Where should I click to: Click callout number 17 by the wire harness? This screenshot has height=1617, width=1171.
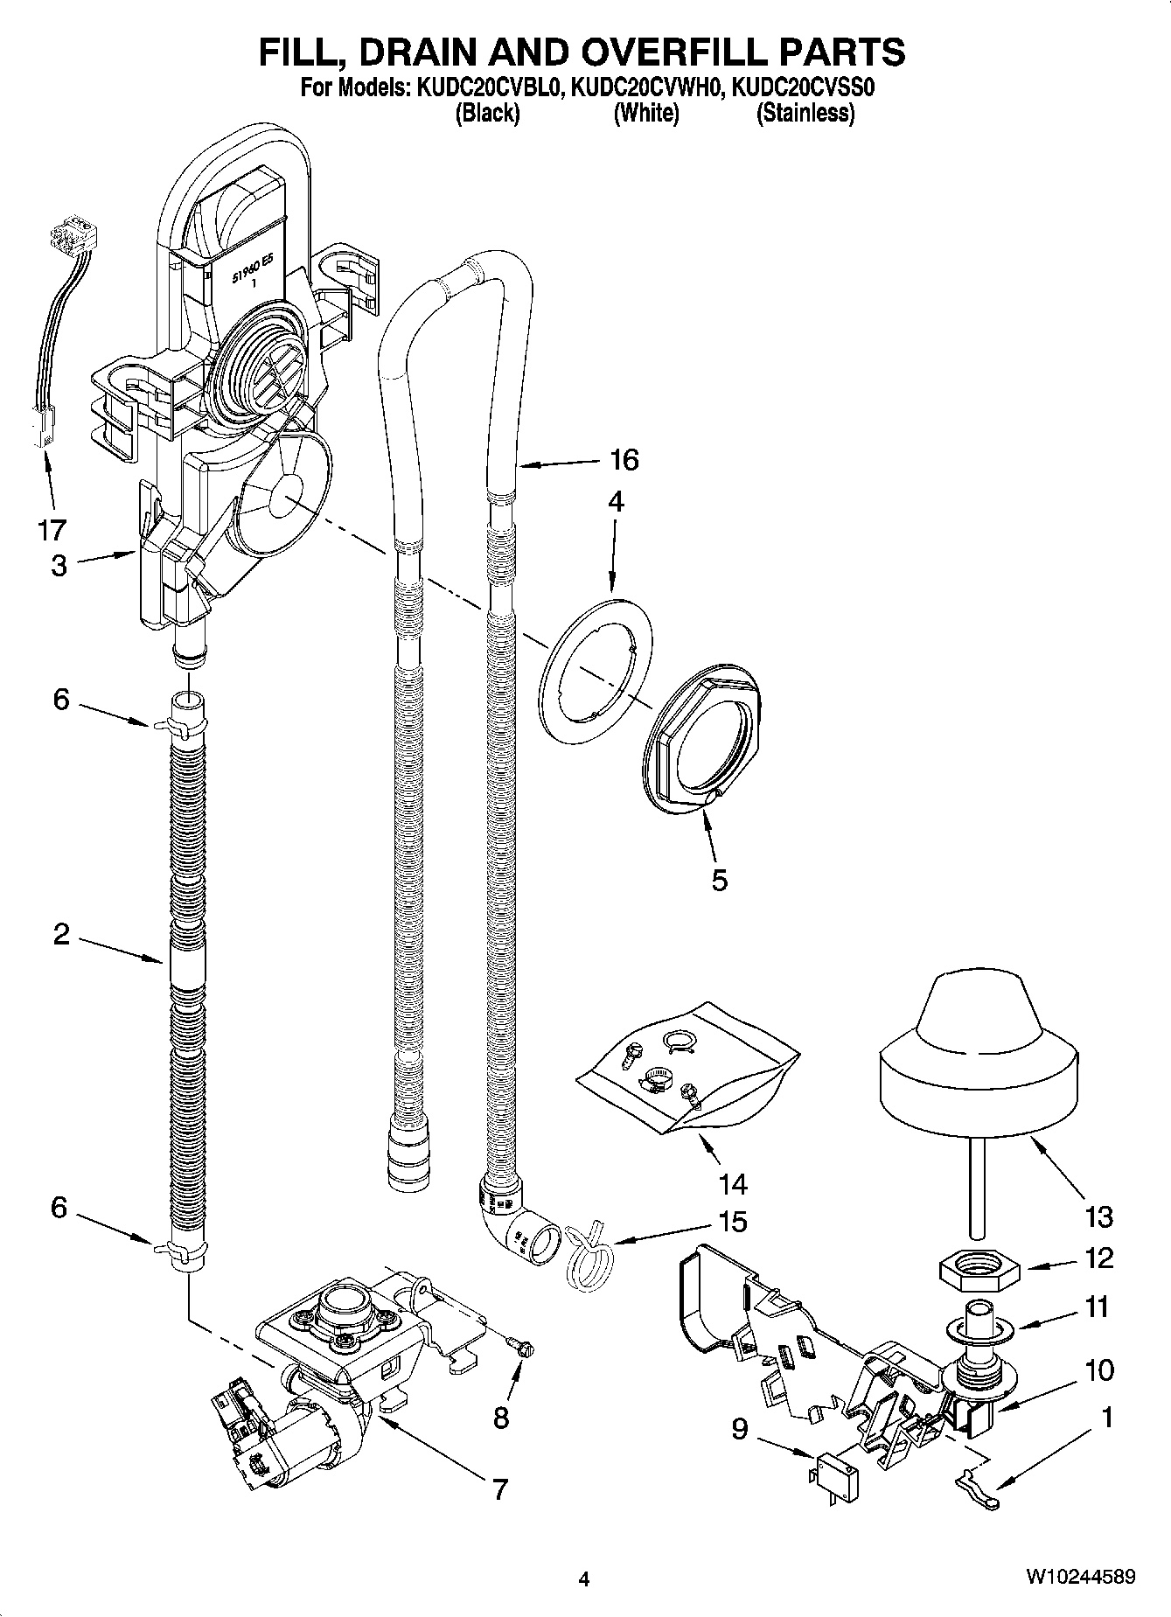pyautogui.click(x=52, y=529)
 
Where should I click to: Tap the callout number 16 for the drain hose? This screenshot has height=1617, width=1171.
pyautogui.click(x=624, y=459)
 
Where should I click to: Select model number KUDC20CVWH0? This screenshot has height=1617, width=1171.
pyautogui.click(x=645, y=88)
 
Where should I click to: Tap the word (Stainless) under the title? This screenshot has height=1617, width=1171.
pyautogui.click(x=805, y=113)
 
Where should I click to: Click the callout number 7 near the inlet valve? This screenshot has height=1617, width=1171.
pyautogui.click(x=499, y=1488)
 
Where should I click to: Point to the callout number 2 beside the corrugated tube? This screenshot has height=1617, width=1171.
pyautogui.click(x=60, y=934)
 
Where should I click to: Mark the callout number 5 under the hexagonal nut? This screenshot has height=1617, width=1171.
pyautogui.click(x=718, y=880)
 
